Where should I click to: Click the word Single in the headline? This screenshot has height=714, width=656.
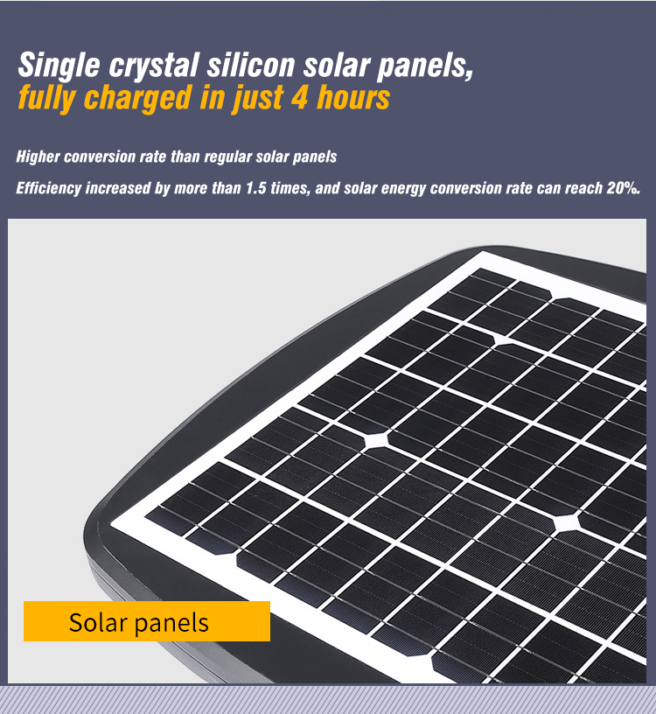(59, 65)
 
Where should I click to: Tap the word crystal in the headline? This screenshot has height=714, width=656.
(154, 65)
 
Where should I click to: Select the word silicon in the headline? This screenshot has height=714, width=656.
(251, 64)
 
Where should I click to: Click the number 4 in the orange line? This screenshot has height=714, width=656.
(299, 97)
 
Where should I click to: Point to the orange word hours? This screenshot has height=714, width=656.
(353, 97)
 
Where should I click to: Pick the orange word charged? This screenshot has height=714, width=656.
(138, 99)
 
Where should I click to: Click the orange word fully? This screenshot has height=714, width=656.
(46, 99)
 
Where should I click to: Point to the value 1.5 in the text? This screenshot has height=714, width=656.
(256, 188)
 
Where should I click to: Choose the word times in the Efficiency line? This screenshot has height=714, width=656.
(290, 188)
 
